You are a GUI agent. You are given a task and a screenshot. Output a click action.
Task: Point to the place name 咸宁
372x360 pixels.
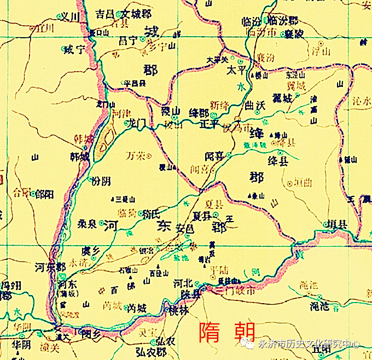click(75, 50)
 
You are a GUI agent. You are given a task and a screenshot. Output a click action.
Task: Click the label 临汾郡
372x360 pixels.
click(286, 21)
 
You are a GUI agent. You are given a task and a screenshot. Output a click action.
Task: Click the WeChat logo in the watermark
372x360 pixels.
click(248, 344)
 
